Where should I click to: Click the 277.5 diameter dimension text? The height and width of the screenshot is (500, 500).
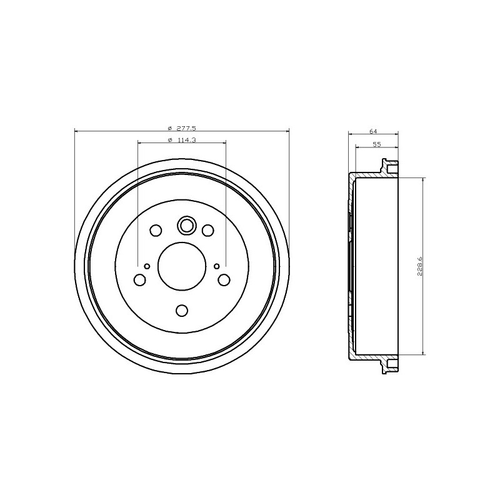187,127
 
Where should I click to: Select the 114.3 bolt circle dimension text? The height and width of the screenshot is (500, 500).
187,140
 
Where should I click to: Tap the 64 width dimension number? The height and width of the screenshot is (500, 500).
373,131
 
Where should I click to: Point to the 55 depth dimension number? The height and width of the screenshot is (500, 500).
377,144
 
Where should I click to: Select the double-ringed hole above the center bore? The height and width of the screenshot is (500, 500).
186,224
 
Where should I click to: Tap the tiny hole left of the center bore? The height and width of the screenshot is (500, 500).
147,266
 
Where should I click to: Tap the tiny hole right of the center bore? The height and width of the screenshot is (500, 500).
217,266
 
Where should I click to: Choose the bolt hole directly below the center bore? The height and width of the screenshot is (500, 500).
182,310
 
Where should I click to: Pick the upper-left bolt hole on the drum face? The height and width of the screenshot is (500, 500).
156,230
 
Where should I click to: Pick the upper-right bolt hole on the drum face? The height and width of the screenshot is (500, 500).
208,230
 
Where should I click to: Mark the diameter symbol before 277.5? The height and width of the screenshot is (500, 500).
170,127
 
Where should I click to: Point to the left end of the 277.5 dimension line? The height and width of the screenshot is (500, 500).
75,131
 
